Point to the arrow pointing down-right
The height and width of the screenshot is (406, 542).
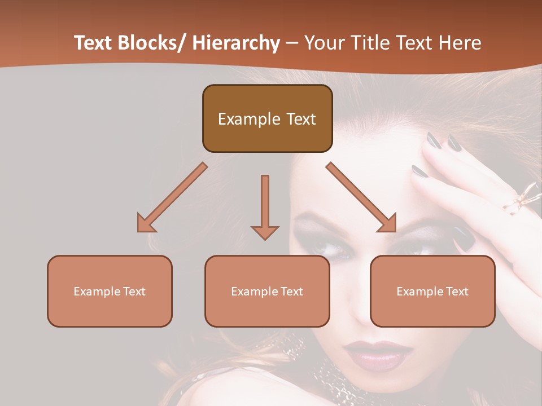tap(362, 198)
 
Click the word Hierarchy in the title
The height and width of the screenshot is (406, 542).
tap(236, 43)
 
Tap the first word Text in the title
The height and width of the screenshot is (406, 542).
tap(94, 43)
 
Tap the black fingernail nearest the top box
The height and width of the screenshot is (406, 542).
tap(433, 140)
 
